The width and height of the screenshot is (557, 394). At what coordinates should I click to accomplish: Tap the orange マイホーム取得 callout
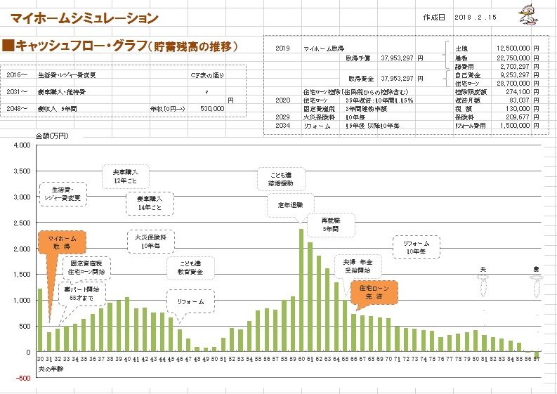click(x=62, y=243)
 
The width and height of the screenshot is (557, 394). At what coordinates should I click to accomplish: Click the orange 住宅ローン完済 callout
click(x=373, y=292)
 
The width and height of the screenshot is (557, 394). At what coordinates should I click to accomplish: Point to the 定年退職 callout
click(x=286, y=205)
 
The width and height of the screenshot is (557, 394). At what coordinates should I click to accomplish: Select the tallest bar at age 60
click(x=301, y=289)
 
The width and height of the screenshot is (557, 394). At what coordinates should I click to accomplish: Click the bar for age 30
click(x=40, y=320)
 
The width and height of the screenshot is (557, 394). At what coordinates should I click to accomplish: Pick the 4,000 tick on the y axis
click(x=23, y=145)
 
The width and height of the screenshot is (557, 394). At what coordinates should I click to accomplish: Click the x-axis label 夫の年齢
click(x=50, y=368)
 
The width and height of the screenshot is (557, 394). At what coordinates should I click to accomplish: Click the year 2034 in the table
click(x=282, y=125)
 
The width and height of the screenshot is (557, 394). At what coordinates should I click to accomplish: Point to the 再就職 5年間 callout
click(x=329, y=224)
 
